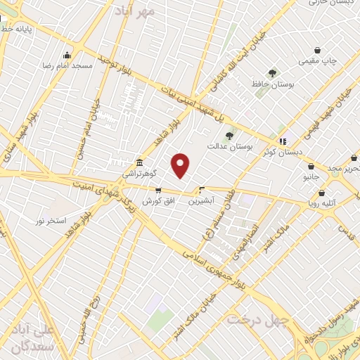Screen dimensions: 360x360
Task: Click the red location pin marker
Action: coord(181,165)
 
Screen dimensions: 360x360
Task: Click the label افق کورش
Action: coord(157,201)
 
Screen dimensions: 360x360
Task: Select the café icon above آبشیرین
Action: coord(201,190)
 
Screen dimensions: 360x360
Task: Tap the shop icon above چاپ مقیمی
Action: coord(318,50)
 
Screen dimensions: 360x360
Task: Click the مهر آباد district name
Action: coord(155,12)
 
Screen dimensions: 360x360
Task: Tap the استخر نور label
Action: coord(51,221)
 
